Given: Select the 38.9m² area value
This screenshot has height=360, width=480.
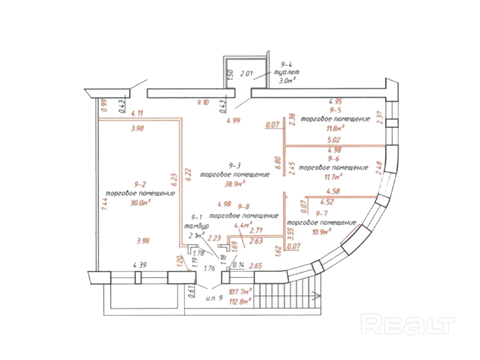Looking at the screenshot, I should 235,183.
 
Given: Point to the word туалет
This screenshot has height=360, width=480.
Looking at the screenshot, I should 287,72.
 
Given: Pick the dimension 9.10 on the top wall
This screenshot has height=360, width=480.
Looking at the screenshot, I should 203,102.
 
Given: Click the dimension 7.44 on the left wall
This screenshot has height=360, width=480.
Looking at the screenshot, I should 104,205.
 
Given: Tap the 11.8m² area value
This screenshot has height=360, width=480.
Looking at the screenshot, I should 335,128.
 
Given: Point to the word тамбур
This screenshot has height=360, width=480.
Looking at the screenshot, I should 196,226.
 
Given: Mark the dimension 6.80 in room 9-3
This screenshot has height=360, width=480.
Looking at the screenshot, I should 278,164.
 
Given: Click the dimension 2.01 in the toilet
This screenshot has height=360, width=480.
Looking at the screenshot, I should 247,73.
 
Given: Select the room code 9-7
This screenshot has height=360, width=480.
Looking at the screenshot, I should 322,214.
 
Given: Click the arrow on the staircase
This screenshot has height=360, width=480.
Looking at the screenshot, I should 316,296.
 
